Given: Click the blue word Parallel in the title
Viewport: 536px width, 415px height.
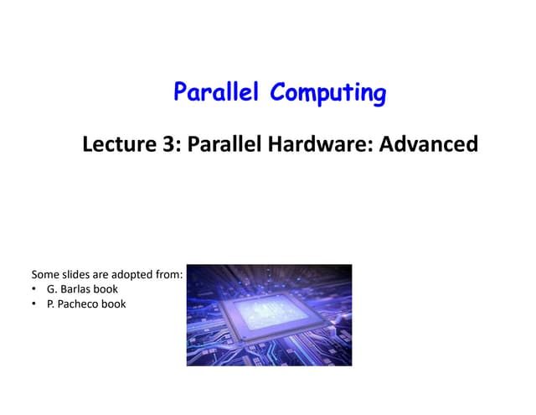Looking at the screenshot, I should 218,91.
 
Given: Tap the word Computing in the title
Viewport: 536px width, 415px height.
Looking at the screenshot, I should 328,93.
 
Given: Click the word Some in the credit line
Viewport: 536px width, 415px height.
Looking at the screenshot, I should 46,274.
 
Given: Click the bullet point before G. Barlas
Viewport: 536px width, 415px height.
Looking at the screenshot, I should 34,289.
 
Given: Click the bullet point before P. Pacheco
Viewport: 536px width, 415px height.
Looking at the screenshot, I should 34,304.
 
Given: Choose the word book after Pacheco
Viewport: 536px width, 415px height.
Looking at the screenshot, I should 114,304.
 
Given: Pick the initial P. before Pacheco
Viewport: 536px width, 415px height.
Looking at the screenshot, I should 52,304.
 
